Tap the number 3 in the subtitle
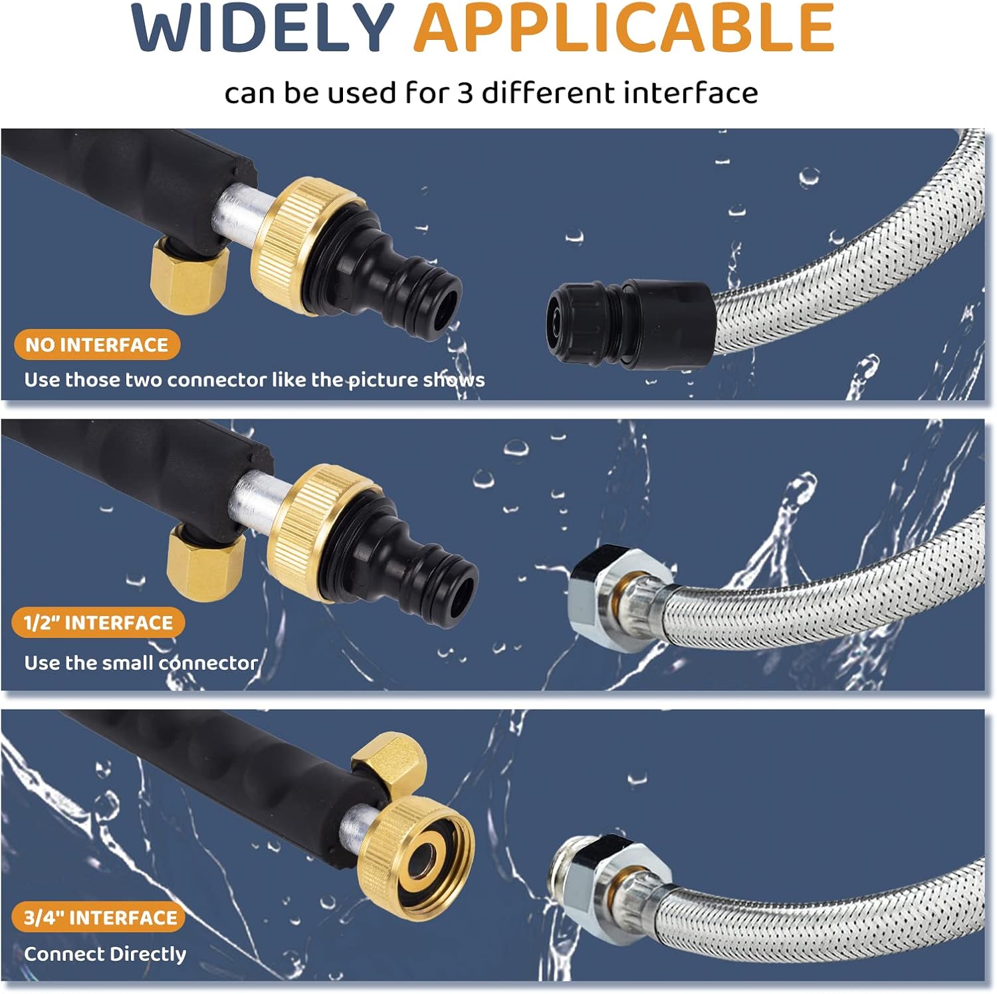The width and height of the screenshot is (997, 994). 465,93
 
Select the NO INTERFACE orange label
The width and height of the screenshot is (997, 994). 97,345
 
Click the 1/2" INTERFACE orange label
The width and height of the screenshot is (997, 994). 98,623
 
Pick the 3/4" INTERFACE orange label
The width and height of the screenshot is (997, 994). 100,918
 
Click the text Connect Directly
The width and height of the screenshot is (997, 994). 105,954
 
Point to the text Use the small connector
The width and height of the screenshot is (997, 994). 141,662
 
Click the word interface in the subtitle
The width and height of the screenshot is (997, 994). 691,93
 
